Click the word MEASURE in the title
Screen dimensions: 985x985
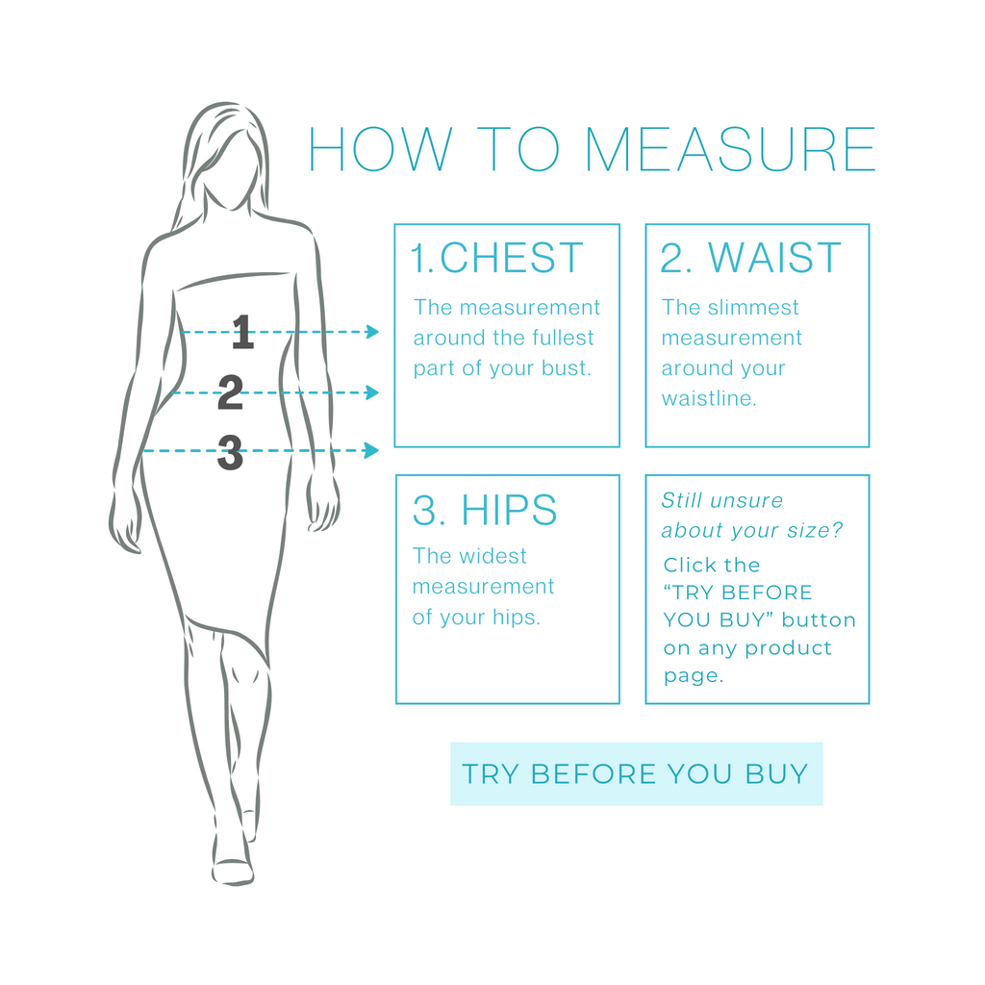click(731, 149)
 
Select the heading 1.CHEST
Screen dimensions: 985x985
click(496, 258)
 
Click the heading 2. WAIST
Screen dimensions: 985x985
click(750, 258)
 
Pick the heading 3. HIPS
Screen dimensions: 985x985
click(485, 510)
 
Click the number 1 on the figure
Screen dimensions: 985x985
click(243, 332)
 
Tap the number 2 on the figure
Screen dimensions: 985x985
click(230, 392)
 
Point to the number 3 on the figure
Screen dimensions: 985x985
click(230, 452)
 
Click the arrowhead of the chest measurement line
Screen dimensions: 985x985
click(372, 332)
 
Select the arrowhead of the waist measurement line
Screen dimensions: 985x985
click(372, 392)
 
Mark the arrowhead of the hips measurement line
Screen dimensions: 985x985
click(372, 450)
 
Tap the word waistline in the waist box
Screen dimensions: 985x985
click(709, 398)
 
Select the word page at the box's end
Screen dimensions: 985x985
click(694, 676)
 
